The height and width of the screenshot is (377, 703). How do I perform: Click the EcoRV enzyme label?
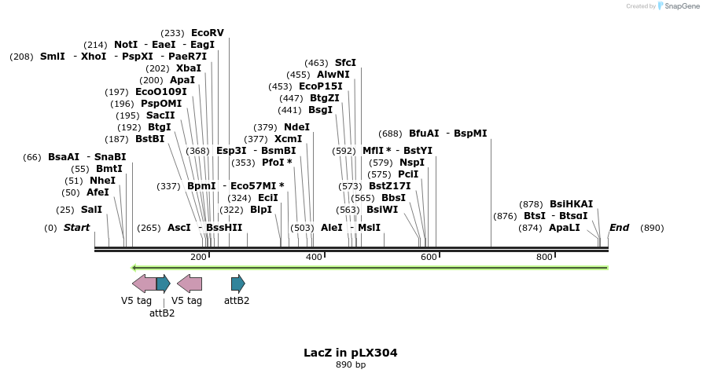[x=208, y=33]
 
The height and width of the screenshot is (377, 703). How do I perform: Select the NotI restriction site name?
[x=126, y=45]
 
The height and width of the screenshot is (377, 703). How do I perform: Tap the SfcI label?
[x=345, y=63]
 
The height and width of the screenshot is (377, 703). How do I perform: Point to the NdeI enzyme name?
[x=296, y=127]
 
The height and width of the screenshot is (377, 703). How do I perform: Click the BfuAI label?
[x=424, y=134]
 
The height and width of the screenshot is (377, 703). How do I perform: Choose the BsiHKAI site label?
[x=571, y=204]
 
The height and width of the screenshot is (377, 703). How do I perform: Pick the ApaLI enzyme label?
[x=564, y=228]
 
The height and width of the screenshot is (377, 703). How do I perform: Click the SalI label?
[x=91, y=210]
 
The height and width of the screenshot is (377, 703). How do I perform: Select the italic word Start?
[x=77, y=228]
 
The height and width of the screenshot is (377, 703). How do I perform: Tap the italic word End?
[x=619, y=228]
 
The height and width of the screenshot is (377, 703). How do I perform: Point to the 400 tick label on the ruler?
[x=314, y=257]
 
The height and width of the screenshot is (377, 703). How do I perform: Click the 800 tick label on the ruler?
[x=544, y=257]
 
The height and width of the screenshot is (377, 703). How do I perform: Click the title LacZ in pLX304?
[x=351, y=353]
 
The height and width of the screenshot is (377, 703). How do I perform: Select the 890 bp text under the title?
[x=351, y=364]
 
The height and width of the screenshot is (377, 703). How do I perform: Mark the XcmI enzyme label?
[x=288, y=139]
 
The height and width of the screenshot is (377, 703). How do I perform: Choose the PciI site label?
[x=408, y=174]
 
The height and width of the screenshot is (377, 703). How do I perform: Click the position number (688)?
[x=390, y=134]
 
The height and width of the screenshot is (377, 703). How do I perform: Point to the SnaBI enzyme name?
[x=110, y=157]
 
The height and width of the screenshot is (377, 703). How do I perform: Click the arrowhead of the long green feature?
[x=134, y=268]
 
